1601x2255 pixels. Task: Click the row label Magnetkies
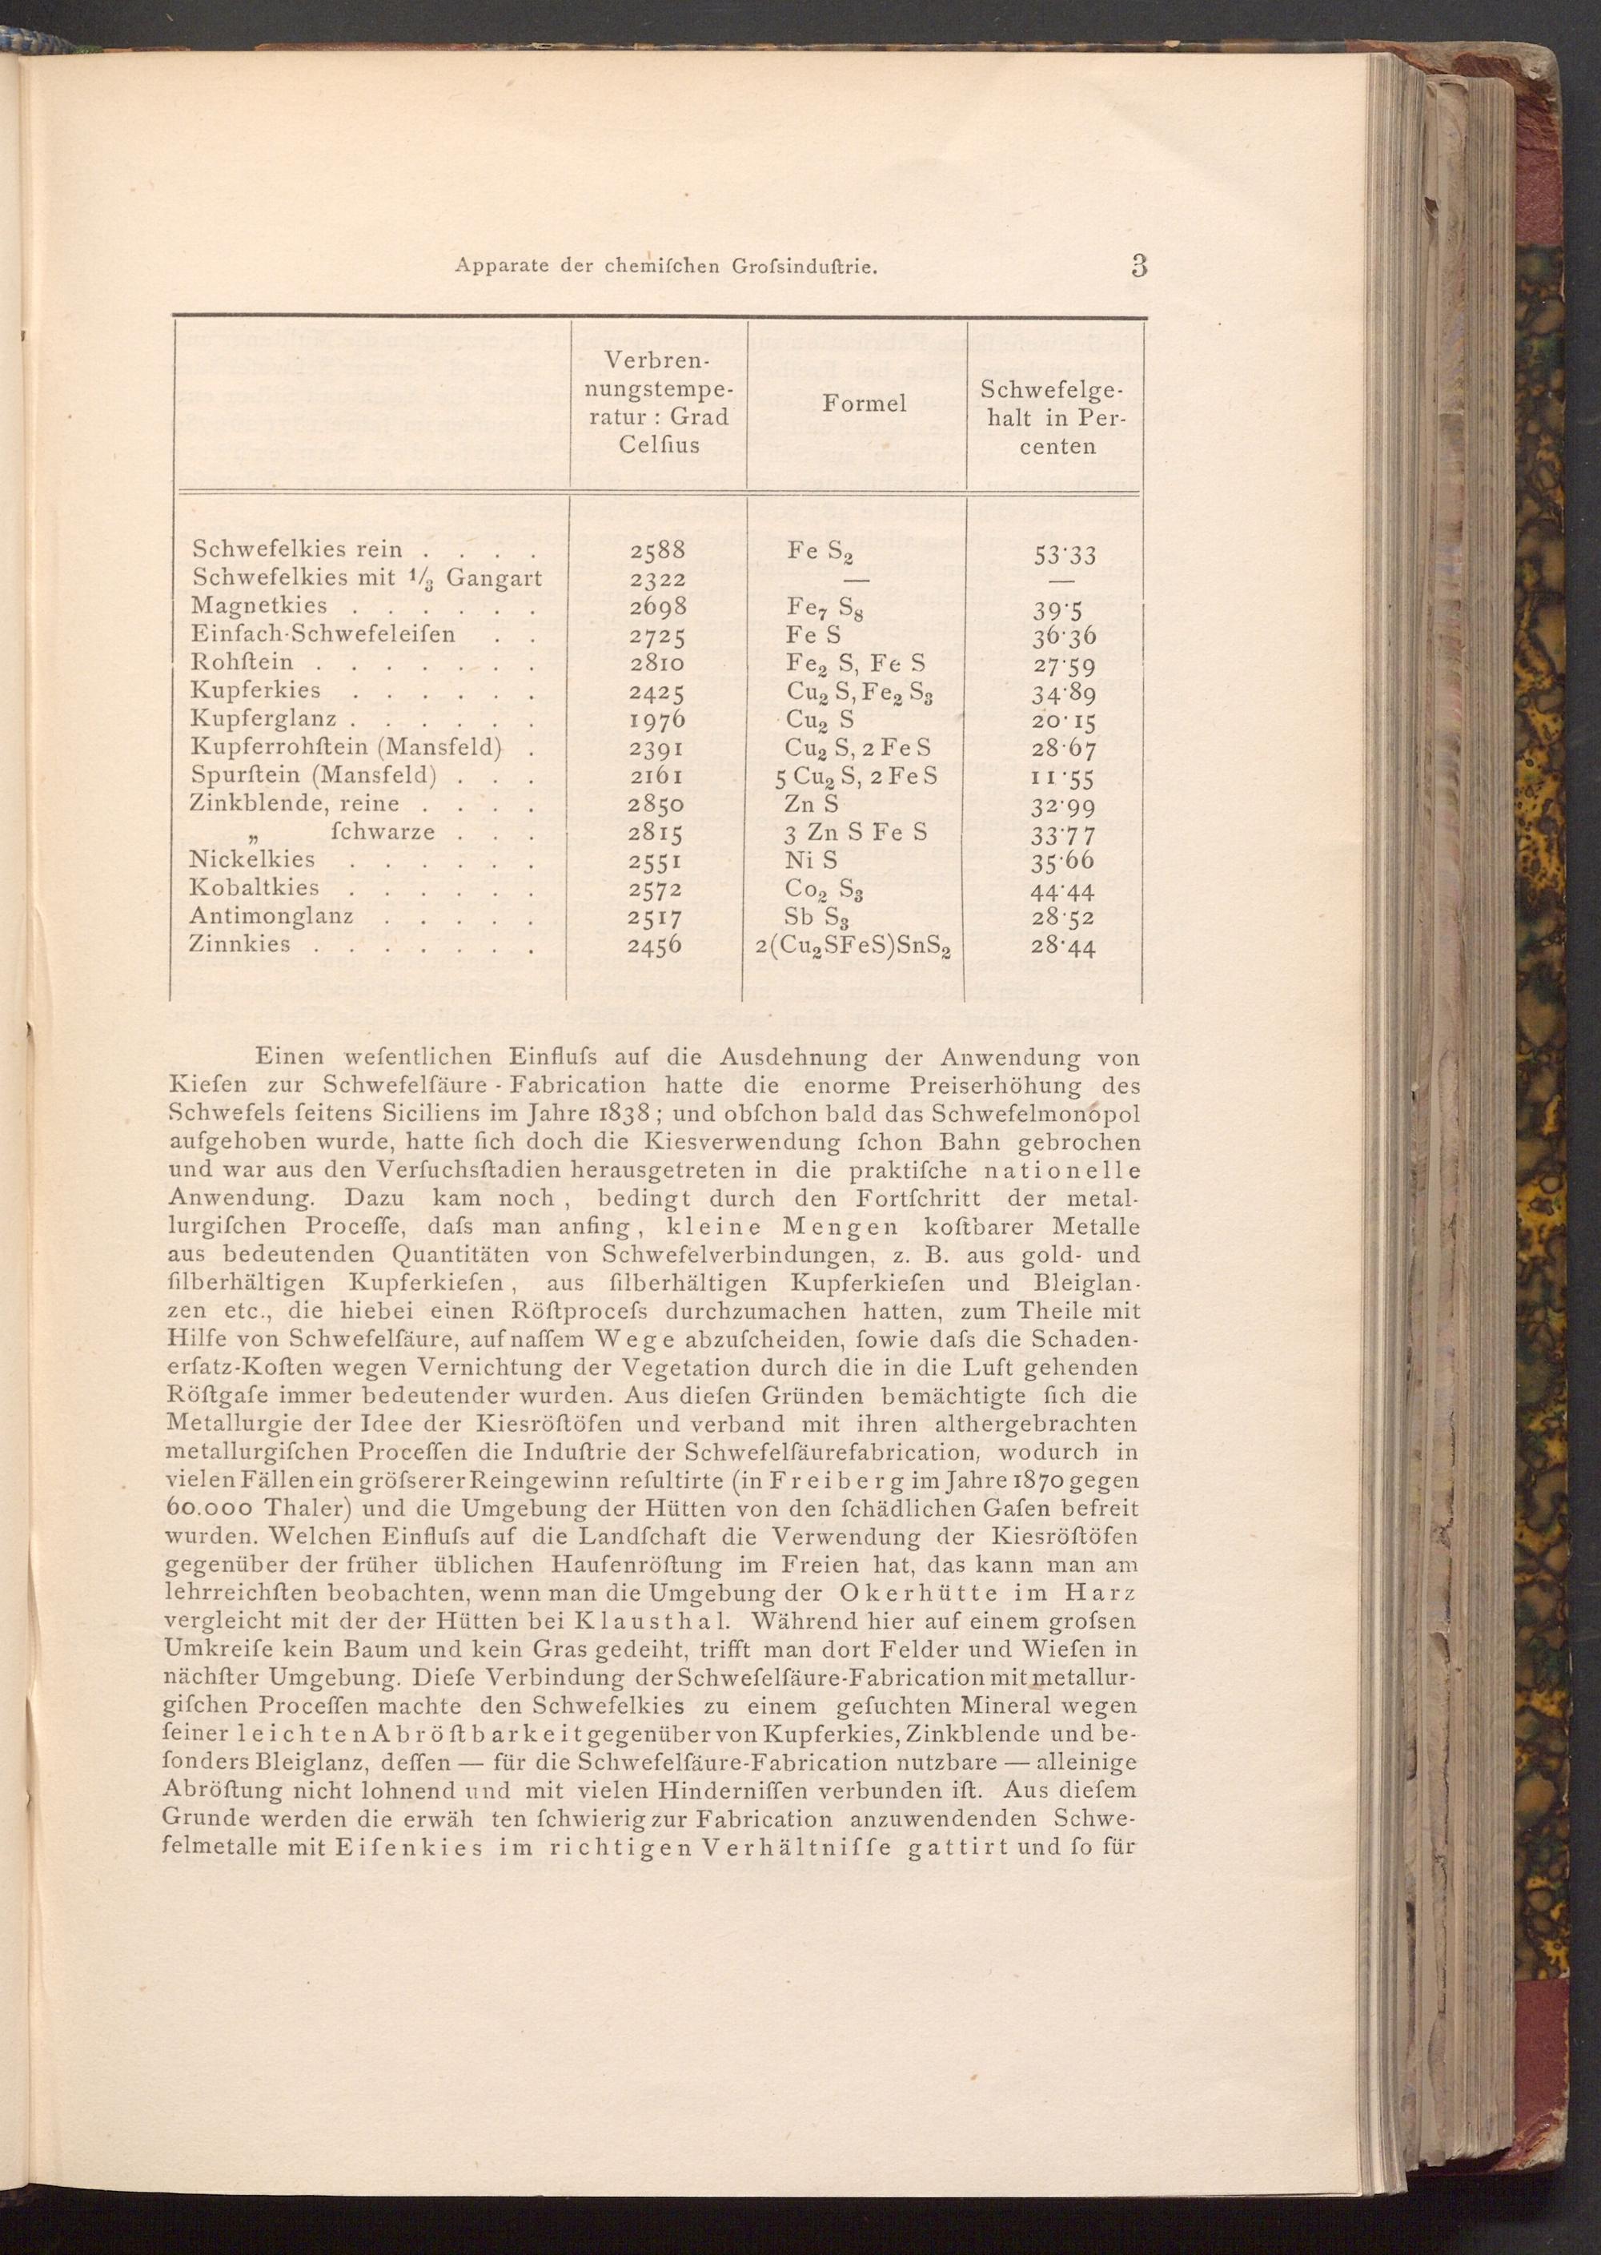pyautogui.click(x=247, y=606)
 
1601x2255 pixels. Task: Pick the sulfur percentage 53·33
pyautogui.click(x=1064, y=554)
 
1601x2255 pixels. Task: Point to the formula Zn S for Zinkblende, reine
pyautogui.click(x=813, y=804)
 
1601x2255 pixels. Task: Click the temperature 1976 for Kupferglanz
pyautogui.click(x=657, y=719)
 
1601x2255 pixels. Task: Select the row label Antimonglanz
pyautogui.click(x=271, y=917)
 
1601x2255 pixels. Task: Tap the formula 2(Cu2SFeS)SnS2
pyautogui.click(x=854, y=947)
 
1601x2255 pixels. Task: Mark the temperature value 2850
pyautogui.click(x=657, y=804)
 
